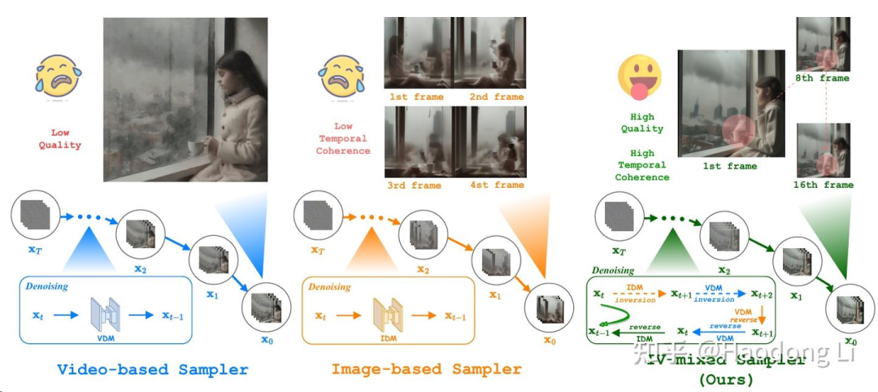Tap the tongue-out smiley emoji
(x=641, y=75)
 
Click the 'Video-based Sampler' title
(x=153, y=369)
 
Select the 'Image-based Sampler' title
(x=426, y=369)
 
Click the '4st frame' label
(x=496, y=185)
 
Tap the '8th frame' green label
(x=823, y=78)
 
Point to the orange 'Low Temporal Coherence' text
(x=342, y=138)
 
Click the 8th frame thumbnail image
(x=823, y=45)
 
